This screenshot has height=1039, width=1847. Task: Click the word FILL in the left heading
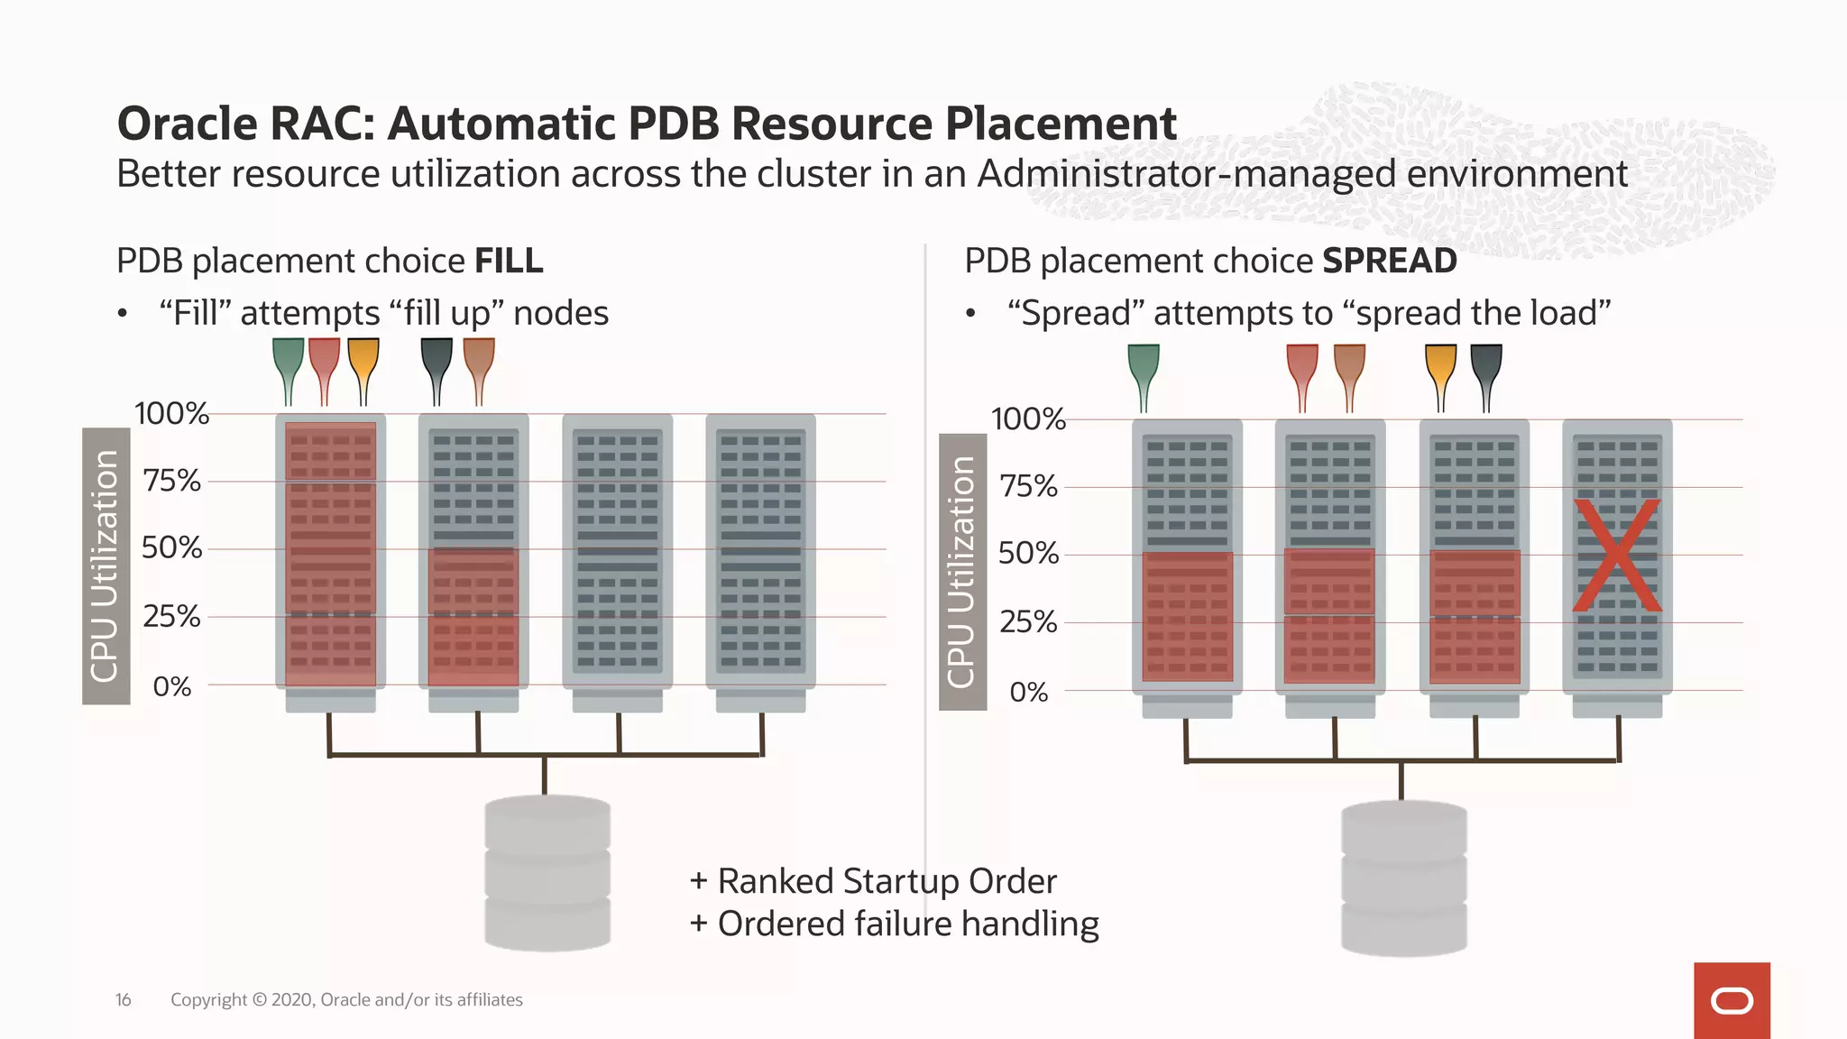(509, 262)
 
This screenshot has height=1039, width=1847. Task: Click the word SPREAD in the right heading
(1389, 262)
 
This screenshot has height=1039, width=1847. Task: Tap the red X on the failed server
(1616, 556)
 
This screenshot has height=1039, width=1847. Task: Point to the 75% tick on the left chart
(171, 481)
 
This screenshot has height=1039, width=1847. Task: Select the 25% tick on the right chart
(1028, 621)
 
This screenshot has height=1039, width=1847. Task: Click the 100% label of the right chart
(1028, 419)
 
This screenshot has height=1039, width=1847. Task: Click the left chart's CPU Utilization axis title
(106, 565)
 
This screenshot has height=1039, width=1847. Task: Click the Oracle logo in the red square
(1732, 1001)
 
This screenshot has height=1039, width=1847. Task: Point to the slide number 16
(123, 999)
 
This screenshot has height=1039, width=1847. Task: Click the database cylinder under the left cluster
(547, 873)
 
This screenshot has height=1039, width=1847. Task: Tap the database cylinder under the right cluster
(1403, 878)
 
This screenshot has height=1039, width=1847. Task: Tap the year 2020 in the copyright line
(290, 999)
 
